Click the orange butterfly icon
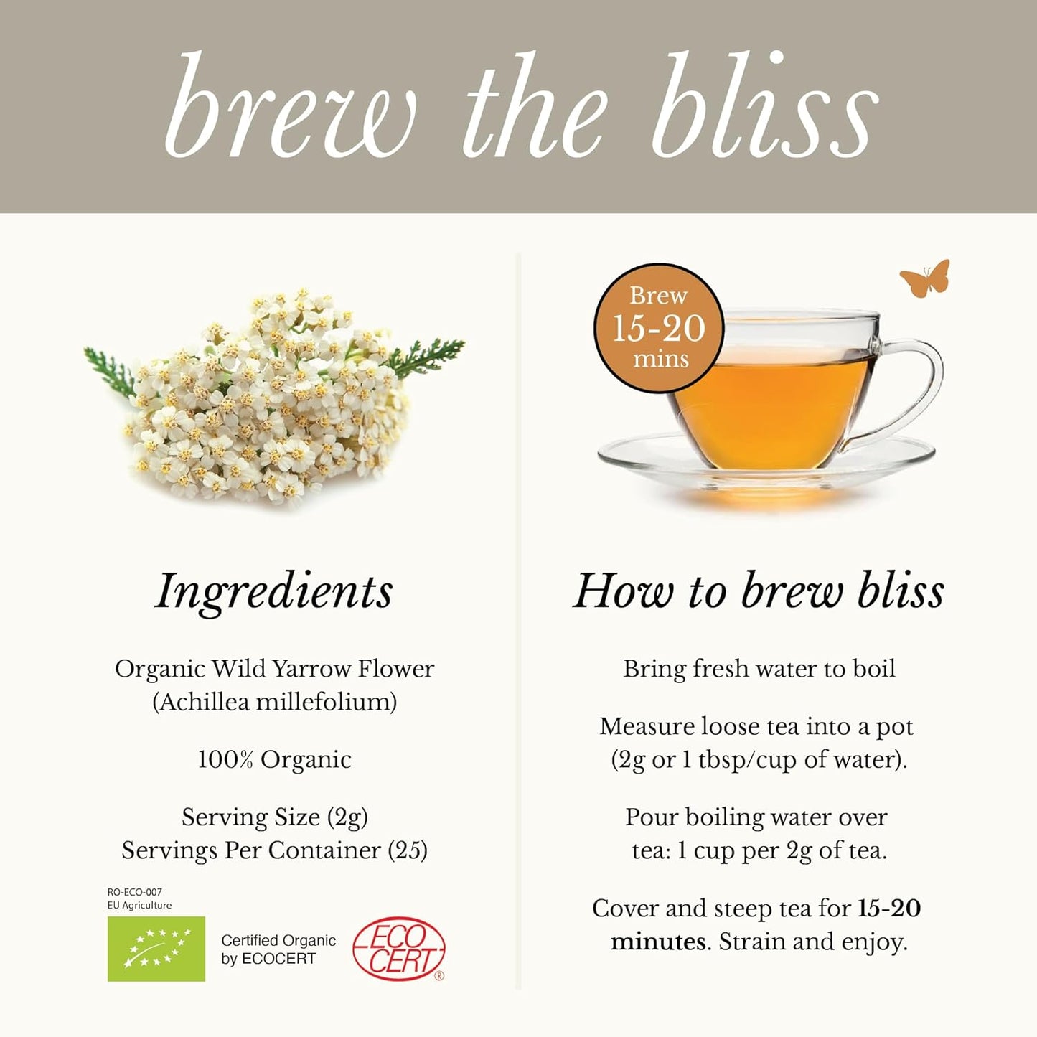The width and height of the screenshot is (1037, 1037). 925,279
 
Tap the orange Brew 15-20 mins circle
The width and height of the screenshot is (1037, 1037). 659,329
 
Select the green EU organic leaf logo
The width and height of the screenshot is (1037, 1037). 156,949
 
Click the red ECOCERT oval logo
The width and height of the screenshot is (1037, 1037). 399,949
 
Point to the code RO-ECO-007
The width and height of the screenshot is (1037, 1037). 134,892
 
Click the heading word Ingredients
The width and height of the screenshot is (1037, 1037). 274,591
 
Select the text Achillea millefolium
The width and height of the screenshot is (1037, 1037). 274,702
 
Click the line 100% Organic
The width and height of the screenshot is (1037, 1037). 274,759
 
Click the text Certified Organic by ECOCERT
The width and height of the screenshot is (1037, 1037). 278,949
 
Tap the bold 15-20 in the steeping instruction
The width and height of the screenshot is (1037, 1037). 889,909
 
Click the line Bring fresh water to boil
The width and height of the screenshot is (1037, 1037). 759,669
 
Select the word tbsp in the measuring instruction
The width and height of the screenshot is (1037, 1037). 721,759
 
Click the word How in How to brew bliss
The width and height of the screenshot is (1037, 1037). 623,591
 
